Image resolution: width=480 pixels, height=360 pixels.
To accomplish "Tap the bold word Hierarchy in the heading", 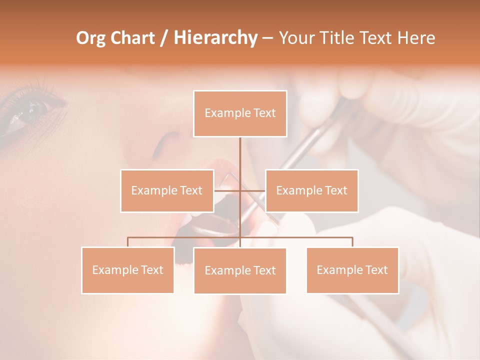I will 215,38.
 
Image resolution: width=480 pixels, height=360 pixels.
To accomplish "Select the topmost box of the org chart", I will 240,113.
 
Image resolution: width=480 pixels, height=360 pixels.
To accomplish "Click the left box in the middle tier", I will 167,190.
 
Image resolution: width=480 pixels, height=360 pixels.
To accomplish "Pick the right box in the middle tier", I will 311,190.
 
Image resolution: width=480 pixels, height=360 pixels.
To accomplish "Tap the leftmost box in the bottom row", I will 127,270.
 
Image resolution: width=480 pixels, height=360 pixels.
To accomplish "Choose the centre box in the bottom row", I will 240,270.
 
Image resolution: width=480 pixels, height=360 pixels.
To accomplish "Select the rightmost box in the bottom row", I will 352,270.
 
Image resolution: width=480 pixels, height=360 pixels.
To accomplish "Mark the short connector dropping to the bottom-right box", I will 352,242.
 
